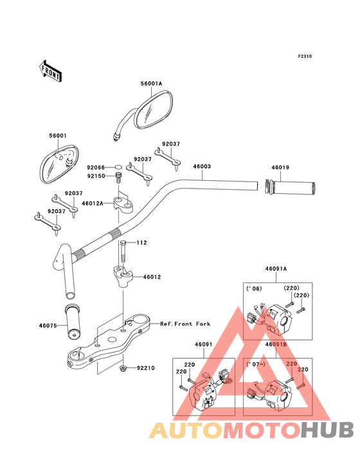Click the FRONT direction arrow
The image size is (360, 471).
coord(51,71)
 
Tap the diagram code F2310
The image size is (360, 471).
coord(305,56)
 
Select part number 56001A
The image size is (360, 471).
coord(151,84)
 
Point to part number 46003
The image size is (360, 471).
coord(202,167)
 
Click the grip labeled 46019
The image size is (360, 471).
coord(289,187)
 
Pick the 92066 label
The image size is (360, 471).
coord(96,167)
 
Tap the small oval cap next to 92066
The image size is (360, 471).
coord(118,167)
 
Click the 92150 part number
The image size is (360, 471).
coord(96,176)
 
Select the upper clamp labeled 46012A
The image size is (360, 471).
coord(123,204)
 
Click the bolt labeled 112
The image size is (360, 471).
coord(123,251)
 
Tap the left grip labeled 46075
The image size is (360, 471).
coord(73,322)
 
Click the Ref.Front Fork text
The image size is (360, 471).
coord(185,324)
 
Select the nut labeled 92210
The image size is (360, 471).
coord(123,368)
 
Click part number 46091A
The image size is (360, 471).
coord(276,269)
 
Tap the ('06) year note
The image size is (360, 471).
coord(254,289)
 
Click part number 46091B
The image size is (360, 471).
coord(276,344)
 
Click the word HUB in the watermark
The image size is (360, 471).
coord(327,430)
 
